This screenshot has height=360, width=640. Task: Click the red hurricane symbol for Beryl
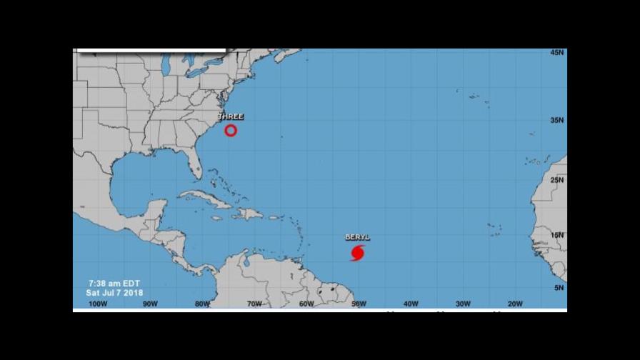tap(358, 253)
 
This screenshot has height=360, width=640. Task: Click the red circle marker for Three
tap(231, 130)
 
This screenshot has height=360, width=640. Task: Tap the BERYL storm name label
tap(358, 237)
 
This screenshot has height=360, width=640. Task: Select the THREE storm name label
tap(231, 116)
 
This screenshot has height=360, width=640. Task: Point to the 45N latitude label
tap(558, 53)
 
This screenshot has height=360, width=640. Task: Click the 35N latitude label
tap(558, 120)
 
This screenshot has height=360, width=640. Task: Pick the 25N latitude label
tap(558, 179)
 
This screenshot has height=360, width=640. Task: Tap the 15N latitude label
tap(558, 235)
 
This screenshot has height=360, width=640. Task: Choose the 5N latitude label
tap(560, 288)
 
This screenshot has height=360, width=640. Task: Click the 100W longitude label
tap(98, 304)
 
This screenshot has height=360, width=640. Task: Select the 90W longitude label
tap(150, 304)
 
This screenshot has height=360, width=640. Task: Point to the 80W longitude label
tap(202, 304)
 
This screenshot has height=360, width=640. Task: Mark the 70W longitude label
tap(254, 304)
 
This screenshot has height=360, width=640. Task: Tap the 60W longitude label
tap(306, 304)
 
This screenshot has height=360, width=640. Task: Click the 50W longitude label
tap(359, 304)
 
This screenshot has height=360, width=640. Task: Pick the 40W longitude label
tap(411, 304)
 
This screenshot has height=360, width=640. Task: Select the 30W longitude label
tap(463, 304)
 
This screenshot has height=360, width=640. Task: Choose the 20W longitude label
tap(515, 304)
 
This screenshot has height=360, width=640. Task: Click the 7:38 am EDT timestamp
tap(113, 283)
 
